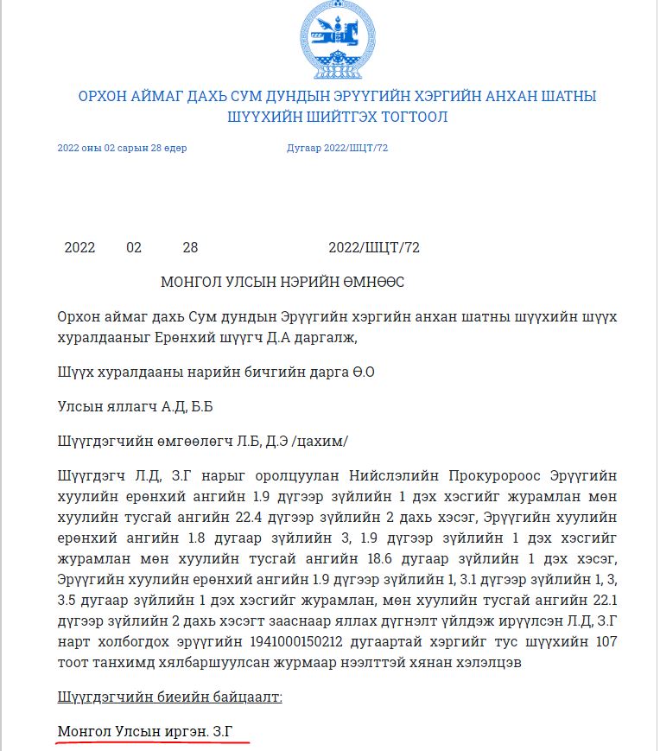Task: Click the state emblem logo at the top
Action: (332, 39)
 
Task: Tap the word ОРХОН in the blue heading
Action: (105, 95)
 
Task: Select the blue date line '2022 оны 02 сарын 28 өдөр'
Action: (122, 148)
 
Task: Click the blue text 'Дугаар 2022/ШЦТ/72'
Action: (337, 148)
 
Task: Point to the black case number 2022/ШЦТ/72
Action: (374, 248)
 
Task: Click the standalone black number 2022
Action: (79, 248)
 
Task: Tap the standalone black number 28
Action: (190, 248)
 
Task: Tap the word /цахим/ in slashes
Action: (320, 442)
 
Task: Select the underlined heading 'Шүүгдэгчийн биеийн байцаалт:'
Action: (169, 697)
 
